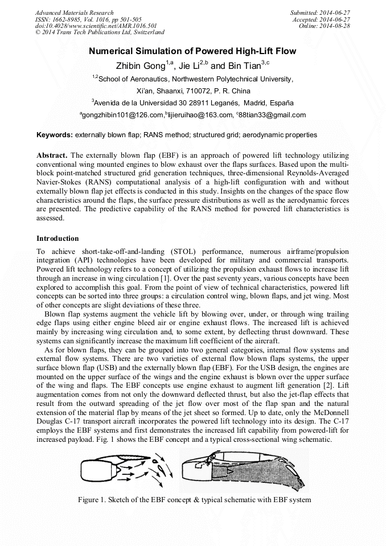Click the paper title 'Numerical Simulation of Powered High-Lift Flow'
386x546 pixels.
click(192, 51)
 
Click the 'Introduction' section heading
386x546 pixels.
click(58, 239)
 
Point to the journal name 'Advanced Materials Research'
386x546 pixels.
click(74, 13)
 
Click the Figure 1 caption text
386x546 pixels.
click(194, 500)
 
